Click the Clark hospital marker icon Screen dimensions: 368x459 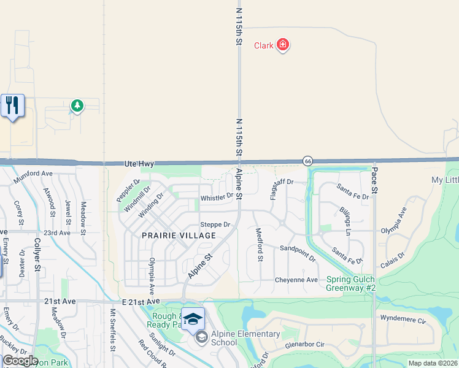pos(283,44)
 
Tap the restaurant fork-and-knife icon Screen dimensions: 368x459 pos(12,105)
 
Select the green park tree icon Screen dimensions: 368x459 pos(77,106)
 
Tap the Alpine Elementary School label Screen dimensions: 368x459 pos(245,338)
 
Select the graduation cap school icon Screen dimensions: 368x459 pos(193,319)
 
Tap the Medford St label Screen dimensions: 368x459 pos(260,245)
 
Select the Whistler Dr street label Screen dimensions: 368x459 pos(217,197)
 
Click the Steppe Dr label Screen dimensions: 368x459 pos(215,224)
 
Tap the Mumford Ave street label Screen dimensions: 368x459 pos(34,174)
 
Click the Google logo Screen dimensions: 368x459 pos(20,361)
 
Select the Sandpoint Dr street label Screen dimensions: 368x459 pos(298,253)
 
